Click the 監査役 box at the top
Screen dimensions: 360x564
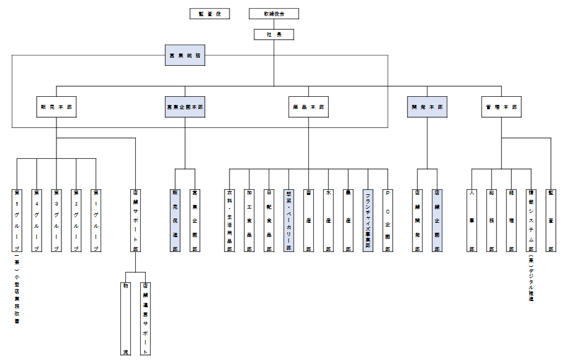(x=210, y=14)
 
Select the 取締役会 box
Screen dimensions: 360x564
(x=274, y=14)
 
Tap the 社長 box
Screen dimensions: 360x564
(x=274, y=35)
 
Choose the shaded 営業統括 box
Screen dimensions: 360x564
(x=185, y=56)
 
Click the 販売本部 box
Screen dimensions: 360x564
(x=56, y=107)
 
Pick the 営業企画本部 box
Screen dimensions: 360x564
(x=185, y=107)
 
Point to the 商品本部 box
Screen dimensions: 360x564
(x=309, y=107)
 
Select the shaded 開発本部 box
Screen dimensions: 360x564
(x=427, y=107)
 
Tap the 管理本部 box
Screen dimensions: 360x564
(x=501, y=107)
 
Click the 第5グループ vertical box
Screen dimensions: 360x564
(x=17, y=220)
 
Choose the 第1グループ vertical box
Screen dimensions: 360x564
(x=96, y=220)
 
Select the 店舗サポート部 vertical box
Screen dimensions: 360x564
(x=135, y=220)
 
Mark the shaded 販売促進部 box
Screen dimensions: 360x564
(x=175, y=220)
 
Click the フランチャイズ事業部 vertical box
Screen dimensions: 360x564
(x=368, y=220)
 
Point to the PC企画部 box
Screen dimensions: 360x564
(x=388, y=220)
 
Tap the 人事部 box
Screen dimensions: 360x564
(x=473, y=220)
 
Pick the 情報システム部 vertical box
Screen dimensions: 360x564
(x=531, y=220)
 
